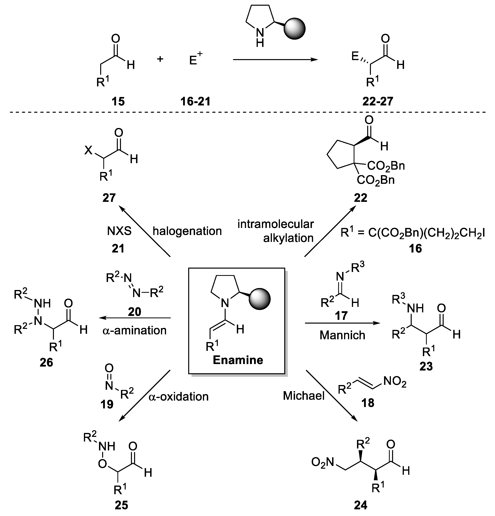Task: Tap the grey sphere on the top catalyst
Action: coord(294,29)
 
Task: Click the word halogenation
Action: coord(187,231)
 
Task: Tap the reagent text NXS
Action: coord(119,231)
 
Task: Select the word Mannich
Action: coord(342,335)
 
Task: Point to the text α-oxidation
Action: coord(179,396)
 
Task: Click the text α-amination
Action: coord(134,330)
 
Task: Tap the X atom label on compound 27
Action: coord(88,151)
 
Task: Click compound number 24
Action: coord(360,505)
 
